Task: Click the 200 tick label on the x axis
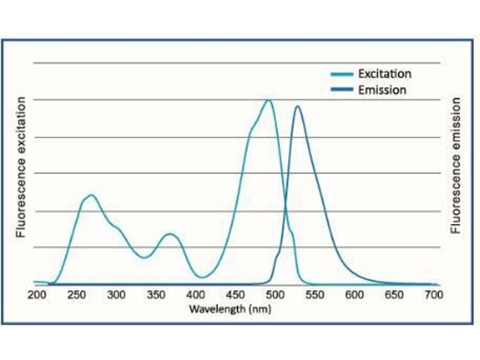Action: click(x=37, y=295)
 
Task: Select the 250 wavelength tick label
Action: click(x=76, y=295)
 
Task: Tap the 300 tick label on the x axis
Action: click(x=116, y=295)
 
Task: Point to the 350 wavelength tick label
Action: click(x=155, y=295)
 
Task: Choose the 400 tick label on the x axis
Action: click(x=195, y=295)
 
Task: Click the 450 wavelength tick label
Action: click(x=235, y=295)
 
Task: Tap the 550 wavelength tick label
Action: click(x=314, y=295)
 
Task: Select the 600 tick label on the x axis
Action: click(x=354, y=295)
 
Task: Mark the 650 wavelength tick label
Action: click(x=394, y=295)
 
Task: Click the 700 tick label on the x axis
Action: click(x=433, y=295)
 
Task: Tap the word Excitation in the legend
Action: click(x=385, y=74)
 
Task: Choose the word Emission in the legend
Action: click(x=382, y=90)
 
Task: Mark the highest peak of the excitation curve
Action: click(x=268, y=100)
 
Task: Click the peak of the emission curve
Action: click(x=297, y=106)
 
